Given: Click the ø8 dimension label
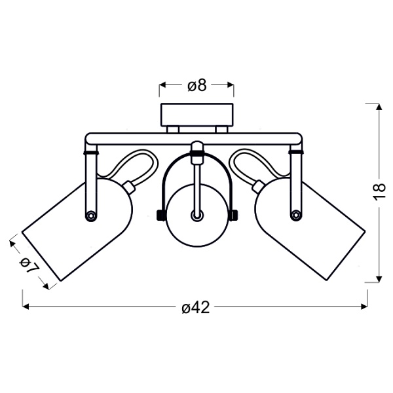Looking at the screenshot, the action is [197, 86].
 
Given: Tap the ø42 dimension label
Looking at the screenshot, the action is [196, 307].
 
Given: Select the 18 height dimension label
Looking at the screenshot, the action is [379, 192].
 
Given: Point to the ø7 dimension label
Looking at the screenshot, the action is [29, 265].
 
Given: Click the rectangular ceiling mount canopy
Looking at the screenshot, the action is [197, 115].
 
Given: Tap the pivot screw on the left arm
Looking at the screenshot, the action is [91, 215].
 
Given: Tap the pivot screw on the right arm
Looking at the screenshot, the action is [296, 215].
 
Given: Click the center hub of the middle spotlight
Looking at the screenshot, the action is [197, 215].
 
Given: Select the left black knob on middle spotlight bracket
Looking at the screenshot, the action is [159, 215].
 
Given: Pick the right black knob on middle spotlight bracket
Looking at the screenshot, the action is [234, 215].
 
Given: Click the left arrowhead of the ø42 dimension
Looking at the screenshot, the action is [26, 307].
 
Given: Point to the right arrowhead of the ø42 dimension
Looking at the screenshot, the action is [364, 307].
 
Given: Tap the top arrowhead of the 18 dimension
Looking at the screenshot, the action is [379, 107].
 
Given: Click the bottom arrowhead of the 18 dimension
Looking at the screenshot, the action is [379, 279].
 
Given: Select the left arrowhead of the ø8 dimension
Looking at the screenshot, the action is [163, 85].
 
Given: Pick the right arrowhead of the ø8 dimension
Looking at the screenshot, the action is [231, 85].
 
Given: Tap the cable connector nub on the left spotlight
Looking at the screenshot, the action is [129, 187].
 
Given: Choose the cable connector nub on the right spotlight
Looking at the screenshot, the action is [259, 187].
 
